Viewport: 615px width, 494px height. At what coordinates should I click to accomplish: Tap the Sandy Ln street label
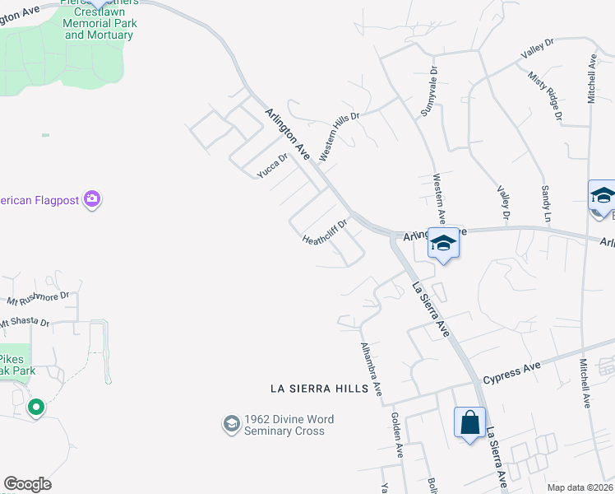click(545, 204)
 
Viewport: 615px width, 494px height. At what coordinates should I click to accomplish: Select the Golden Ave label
click(398, 435)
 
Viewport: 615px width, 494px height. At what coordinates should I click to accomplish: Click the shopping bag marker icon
click(469, 423)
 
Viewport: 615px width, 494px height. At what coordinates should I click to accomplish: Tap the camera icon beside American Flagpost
click(92, 199)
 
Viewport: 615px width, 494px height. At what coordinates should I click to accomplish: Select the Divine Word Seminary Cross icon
click(231, 424)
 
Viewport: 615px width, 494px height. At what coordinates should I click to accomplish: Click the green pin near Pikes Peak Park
click(35, 407)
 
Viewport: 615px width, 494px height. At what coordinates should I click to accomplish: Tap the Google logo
click(27, 484)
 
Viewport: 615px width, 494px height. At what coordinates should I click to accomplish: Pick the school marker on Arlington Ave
click(442, 244)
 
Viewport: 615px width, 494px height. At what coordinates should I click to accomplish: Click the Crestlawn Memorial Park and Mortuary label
click(99, 24)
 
